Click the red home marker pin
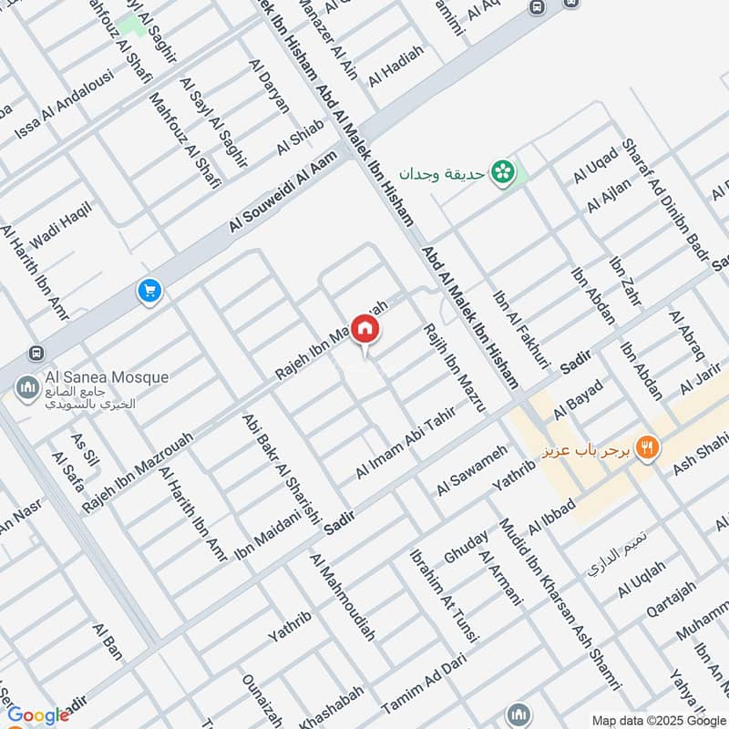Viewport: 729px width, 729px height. pos(365,329)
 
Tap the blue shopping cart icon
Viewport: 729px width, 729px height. pos(149,292)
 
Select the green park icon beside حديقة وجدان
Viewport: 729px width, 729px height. pos(501,171)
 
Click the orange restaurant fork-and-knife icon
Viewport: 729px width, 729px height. pos(648,447)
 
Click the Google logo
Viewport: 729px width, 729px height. pos(38,715)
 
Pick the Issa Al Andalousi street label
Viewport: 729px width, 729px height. pos(63,105)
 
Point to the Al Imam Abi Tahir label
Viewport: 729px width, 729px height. pos(405,445)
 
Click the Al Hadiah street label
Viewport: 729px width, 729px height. pos(396,67)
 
